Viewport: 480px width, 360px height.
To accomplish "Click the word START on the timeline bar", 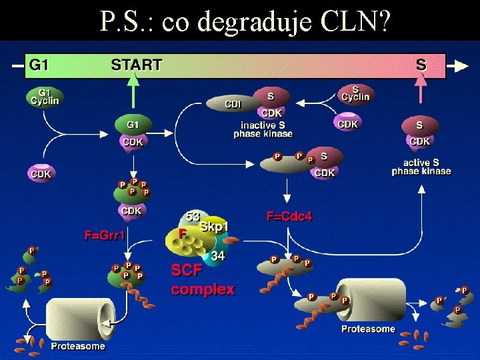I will tap(136, 65).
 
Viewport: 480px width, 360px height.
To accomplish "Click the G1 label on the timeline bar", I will tap(39, 65).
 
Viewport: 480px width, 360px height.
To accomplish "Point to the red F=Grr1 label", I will tap(105, 235).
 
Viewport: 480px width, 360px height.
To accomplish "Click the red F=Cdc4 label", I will tap(289, 216).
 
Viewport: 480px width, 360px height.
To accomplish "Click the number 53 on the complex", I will tap(193, 217).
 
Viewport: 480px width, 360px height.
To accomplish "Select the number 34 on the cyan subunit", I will tap(217, 256).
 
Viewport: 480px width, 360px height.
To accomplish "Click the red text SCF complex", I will tap(203, 280).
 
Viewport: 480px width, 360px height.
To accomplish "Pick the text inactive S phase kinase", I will tap(263, 129).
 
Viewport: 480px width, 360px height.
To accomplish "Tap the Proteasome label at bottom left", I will tap(78, 346).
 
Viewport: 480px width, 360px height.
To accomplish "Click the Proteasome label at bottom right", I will tap(368, 329).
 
